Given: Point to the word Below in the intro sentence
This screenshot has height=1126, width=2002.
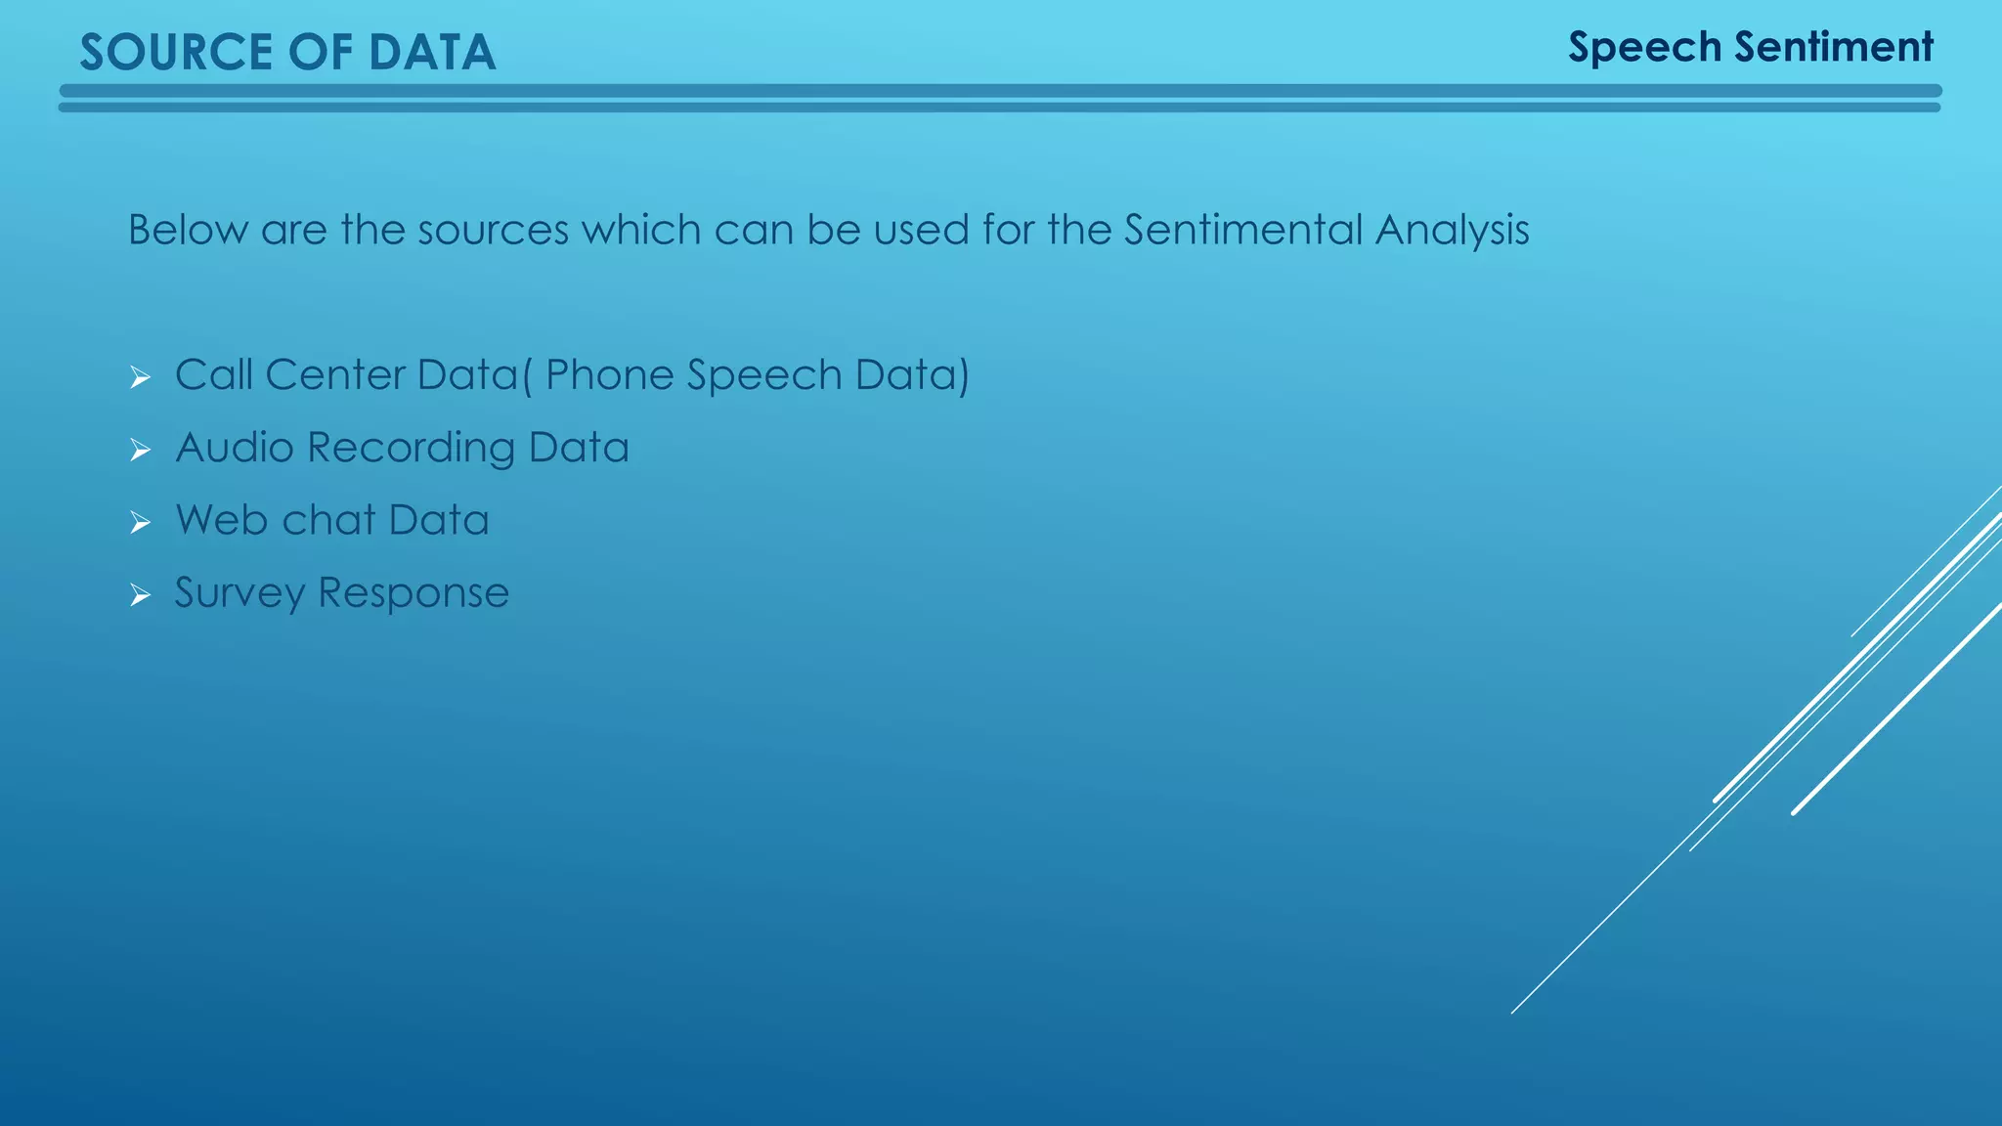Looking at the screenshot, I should [x=188, y=231].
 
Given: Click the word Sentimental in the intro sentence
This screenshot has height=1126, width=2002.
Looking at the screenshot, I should [x=1242, y=231].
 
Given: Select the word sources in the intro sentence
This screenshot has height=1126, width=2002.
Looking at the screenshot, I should [x=493, y=231].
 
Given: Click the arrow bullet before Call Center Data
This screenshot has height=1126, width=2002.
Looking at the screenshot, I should [x=140, y=377].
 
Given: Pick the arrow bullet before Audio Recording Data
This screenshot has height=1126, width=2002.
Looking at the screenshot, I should [x=140, y=451].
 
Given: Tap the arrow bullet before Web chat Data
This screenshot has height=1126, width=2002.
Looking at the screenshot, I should [x=140, y=523].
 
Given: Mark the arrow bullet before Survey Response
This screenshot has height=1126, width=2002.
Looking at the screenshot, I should [x=140, y=595].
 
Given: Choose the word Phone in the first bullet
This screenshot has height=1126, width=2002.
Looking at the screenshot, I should [x=609, y=375].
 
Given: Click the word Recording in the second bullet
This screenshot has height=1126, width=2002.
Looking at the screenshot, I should [x=411, y=449].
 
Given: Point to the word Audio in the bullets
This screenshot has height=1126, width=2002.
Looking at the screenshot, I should [x=235, y=448].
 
